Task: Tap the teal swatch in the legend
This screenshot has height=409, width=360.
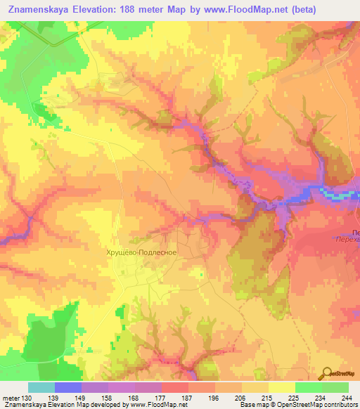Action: click(41, 387)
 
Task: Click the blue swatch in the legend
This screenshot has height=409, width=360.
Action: click(68, 387)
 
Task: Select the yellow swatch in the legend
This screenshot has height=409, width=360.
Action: click(281, 387)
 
